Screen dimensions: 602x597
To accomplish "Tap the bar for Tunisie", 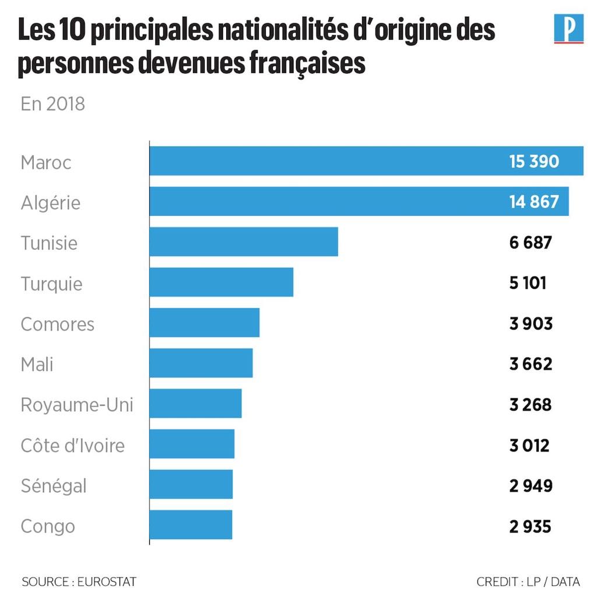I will click(x=244, y=242).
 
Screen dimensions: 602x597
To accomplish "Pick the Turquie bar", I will click(x=222, y=283).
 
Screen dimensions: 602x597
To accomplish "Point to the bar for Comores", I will click(x=205, y=323).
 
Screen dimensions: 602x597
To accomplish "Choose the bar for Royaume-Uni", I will click(x=195, y=404).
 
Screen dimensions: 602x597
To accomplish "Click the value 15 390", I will click(x=534, y=162).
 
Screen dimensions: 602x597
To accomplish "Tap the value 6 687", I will click(x=531, y=243).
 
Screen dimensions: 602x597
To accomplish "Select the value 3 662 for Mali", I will click(x=531, y=364).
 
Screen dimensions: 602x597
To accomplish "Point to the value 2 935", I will click(x=530, y=526).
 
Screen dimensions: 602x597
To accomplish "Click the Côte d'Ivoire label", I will click(x=73, y=446).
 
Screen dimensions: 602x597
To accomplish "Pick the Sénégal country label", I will click(x=54, y=486).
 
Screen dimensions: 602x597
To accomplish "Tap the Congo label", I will click(x=48, y=526).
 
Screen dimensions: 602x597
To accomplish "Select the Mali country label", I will click(x=37, y=364).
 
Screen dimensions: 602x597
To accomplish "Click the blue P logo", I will click(x=568, y=29).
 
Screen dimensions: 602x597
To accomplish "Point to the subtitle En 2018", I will click(x=53, y=104).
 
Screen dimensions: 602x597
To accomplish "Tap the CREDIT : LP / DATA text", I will click(x=528, y=582).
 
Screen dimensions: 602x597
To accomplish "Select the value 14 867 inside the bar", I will click(x=534, y=202).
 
